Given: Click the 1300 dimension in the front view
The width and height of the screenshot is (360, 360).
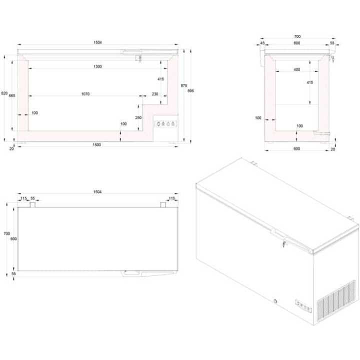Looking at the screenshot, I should [97, 66].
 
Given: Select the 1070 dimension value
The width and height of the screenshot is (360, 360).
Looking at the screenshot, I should [86, 94].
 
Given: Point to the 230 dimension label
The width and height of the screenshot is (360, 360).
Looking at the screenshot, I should [154, 94].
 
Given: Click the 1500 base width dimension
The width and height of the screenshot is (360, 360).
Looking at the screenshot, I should [96, 144].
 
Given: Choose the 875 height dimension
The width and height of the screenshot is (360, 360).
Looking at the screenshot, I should [183, 86].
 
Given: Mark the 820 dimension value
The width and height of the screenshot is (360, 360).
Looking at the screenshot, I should [4, 93].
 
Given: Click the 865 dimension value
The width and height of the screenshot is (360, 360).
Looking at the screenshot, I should [12, 95].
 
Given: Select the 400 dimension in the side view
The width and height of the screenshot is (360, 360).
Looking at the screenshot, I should [297, 69].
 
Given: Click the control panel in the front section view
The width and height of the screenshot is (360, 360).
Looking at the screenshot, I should [164, 124].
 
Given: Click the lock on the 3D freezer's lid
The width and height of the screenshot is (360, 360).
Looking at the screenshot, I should [283, 244].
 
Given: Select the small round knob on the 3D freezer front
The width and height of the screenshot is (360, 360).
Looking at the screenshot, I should [275, 301].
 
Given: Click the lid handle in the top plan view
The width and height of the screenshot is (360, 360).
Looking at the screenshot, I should [132, 273].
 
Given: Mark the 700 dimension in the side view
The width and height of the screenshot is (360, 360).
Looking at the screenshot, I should [297, 36].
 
